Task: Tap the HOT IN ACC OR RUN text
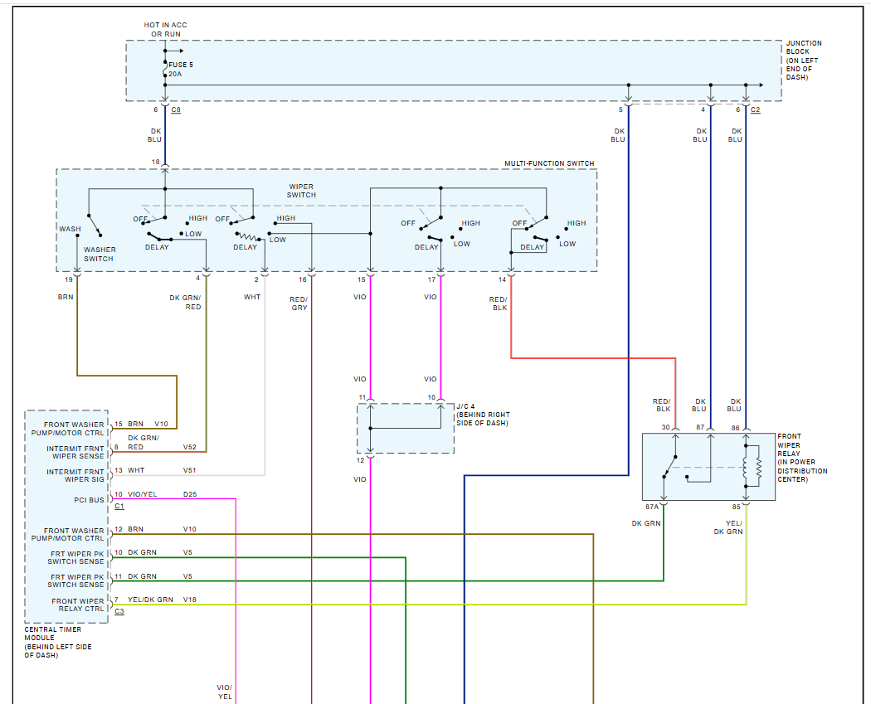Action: click(x=166, y=30)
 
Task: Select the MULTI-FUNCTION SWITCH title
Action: click(x=549, y=163)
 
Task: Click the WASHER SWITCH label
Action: click(x=100, y=254)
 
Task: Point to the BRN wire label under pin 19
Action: click(x=66, y=296)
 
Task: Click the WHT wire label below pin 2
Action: click(x=252, y=296)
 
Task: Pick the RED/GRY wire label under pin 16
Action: click(x=299, y=303)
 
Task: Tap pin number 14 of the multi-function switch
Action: click(x=502, y=279)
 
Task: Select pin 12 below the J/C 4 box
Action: click(x=361, y=460)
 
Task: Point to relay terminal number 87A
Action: click(x=651, y=506)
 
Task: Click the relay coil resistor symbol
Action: click(x=757, y=468)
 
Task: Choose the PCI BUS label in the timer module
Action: click(x=89, y=500)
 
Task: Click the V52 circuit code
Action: click(x=191, y=448)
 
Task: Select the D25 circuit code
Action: click(x=191, y=495)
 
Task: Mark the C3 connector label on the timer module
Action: click(x=119, y=611)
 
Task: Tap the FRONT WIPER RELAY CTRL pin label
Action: click(x=78, y=604)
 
